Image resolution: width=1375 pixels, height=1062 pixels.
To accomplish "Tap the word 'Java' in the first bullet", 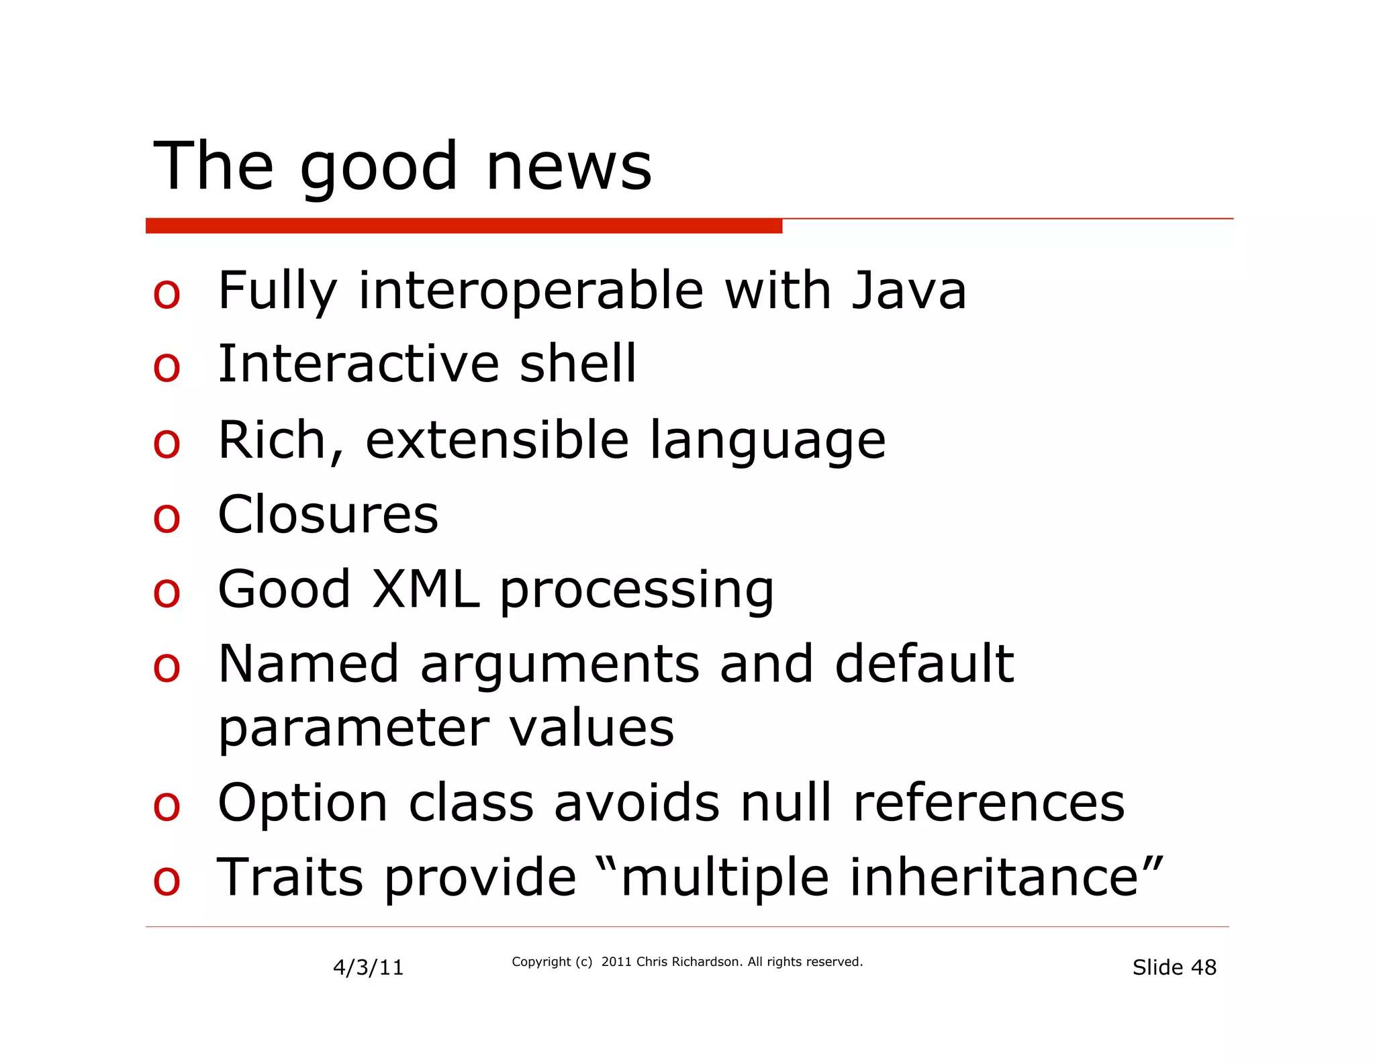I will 908,291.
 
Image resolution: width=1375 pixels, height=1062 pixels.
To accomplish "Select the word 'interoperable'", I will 530,292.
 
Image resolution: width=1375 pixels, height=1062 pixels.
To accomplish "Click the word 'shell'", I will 577,363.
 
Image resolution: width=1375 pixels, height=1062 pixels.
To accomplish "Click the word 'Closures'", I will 328,515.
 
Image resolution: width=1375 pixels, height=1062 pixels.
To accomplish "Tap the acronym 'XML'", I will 426,589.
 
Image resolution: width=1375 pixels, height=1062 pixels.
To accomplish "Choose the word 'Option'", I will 303,803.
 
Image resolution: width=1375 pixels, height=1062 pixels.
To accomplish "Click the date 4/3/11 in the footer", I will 368,967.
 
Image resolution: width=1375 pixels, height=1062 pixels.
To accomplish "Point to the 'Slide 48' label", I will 1174,967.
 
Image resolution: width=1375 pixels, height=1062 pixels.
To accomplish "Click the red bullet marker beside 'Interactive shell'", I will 167,367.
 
